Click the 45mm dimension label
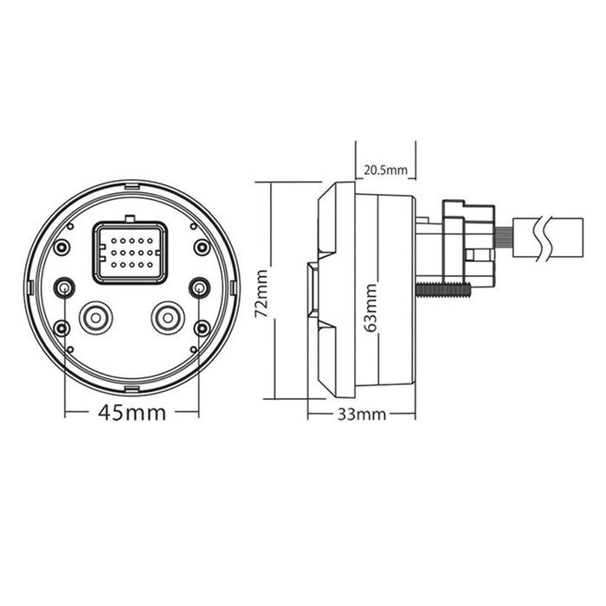coord(132,413)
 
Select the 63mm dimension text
coord(371,307)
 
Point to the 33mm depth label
coord(362,415)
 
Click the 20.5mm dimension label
coord(385,170)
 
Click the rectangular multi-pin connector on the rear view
coord(130,253)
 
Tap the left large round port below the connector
coord(96,318)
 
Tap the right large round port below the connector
coord(168,318)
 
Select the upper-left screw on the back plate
coord(61,247)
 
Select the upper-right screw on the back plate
coord(202,247)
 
